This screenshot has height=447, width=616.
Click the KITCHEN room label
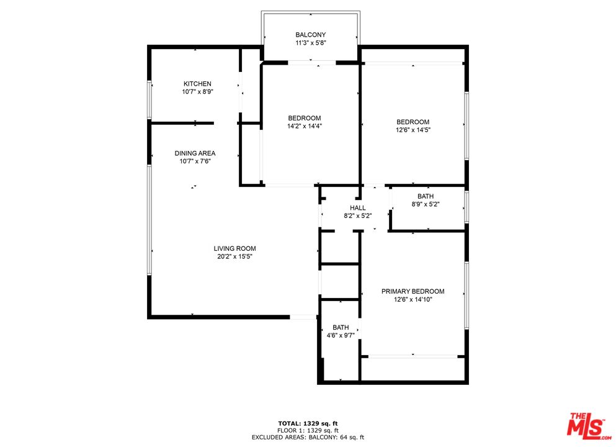[x=197, y=84]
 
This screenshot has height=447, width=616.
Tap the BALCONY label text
[x=310, y=35]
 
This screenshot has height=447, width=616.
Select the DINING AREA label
[x=195, y=153]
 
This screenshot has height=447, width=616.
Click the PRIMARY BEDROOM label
[x=413, y=291]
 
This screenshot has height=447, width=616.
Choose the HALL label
[x=358, y=208]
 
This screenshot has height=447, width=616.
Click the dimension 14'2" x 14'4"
[x=304, y=126]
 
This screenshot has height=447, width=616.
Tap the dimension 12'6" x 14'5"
[x=413, y=130]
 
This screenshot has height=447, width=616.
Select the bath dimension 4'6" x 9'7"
[x=341, y=336]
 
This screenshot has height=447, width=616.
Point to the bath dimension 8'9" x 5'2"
[x=425, y=204]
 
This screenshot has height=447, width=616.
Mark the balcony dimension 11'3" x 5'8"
[x=310, y=43]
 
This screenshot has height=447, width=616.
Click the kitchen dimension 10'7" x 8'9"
[x=197, y=92]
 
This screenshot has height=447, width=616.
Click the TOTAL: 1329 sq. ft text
[x=308, y=423]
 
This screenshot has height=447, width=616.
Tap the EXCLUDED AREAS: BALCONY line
[x=308, y=438]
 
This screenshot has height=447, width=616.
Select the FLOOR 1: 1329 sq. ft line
[x=308, y=430]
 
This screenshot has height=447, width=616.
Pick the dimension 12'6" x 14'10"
[x=413, y=299]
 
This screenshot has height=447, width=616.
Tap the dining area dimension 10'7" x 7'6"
[x=195, y=161]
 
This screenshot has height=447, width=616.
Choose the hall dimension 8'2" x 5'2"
[x=358, y=216]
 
